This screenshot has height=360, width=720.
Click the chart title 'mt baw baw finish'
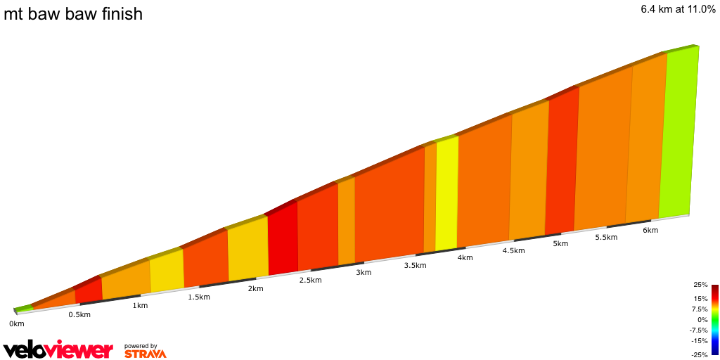pos(73,13)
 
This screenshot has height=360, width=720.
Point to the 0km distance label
pos(17,323)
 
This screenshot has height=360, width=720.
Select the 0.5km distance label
pos(79,314)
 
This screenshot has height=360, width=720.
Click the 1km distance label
pos(140,305)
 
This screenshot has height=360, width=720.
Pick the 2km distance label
pos(255,288)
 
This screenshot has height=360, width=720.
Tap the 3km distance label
pos(364,272)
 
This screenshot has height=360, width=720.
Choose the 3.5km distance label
pos(415,265)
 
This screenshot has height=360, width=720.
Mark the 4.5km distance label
pos(513,250)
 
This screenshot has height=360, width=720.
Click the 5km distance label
pos(560,244)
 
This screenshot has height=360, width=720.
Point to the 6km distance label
pos(650,231)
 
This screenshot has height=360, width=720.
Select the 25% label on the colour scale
pos(700,285)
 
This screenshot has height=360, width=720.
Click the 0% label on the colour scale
pos(702,319)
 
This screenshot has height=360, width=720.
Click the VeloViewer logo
pos(58,349)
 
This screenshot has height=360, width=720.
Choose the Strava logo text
pos(146,353)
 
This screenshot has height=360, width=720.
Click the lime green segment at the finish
pos(678,134)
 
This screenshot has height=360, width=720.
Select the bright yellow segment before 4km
pos(447,193)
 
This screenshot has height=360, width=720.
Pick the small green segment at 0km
pos(23,308)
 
